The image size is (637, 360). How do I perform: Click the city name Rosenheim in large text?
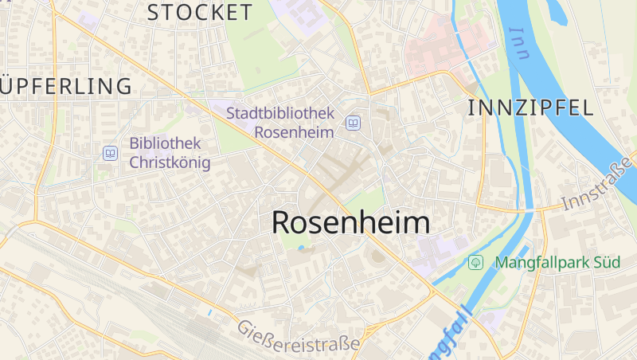[350, 222]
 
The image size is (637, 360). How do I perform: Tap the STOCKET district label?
[200, 12]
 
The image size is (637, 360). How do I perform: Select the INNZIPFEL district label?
[531, 108]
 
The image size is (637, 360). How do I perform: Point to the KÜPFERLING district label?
[65, 86]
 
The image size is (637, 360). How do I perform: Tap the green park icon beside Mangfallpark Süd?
[476, 261]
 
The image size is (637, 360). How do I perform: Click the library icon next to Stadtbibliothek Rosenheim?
[352, 123]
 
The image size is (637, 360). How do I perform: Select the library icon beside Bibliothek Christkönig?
[110, 153]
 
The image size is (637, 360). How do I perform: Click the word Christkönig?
[170, 163]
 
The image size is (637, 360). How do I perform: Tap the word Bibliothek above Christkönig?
[165, 144]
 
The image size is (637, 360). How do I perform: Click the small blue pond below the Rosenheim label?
[301, 248]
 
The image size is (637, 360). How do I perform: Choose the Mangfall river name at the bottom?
[450, 335]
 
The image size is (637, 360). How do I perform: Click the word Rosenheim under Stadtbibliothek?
[294, 132]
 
